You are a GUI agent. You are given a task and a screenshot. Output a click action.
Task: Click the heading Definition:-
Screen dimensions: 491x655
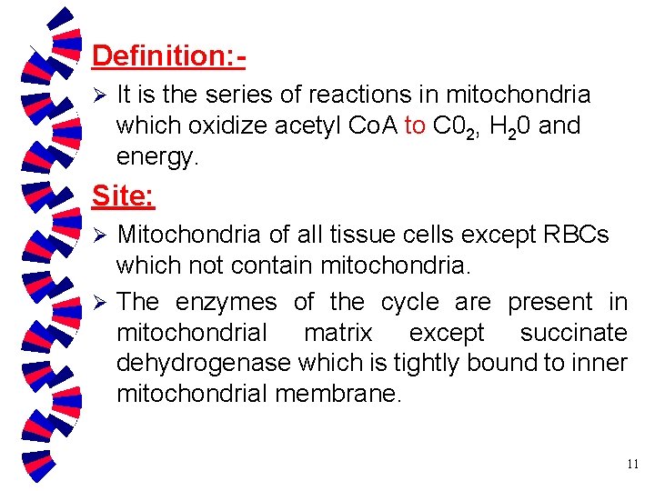pos(168,56)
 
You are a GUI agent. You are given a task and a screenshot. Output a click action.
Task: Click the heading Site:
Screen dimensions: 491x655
pos(124,195)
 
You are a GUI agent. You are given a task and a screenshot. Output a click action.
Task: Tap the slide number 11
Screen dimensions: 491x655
pos(632,464)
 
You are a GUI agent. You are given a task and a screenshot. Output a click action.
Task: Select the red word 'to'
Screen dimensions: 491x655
pos(415,125)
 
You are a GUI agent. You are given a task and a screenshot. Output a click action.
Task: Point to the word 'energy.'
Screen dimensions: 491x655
pos(156,156)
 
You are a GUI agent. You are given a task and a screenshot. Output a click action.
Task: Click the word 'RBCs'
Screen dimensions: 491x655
pos(575,235)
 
